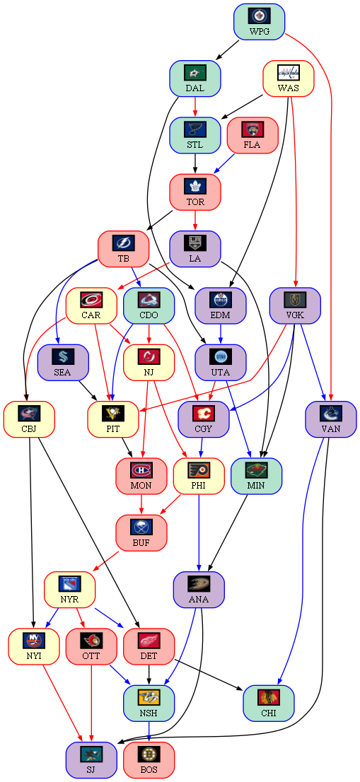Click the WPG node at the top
[260, 22]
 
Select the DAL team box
[195, 78]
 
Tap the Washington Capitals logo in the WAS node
[289, 73]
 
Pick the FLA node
[252, 136]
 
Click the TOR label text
[195, 202]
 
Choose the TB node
[123, 250]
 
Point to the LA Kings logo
[195, 243]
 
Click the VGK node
[295, 305]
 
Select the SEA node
[63, 363]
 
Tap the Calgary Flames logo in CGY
[204, 414]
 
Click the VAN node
[331, 419]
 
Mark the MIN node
[256, 477]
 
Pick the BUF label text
[141, 542]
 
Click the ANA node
[199, 590]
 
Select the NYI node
[33, 647]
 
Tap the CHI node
[268, 704]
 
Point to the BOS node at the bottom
[149, 760]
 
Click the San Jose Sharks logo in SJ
[91, 754]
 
